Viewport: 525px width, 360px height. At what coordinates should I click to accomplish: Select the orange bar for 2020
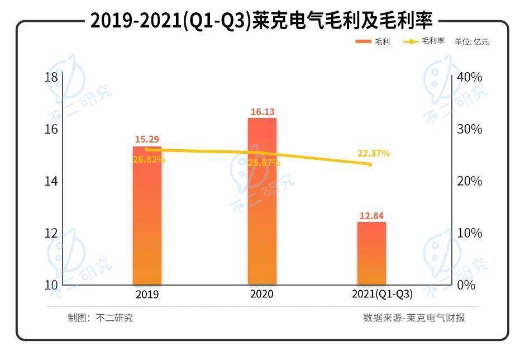tap(262, 201)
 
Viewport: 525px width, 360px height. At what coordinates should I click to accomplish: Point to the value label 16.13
tap(262, 112)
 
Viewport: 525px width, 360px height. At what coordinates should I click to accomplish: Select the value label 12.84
tap(372, 216)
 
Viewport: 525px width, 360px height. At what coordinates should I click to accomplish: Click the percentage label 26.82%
tap(149, 160)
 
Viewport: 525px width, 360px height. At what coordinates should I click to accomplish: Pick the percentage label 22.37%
tap(373, 153)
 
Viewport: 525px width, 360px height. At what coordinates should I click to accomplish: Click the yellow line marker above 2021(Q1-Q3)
tap(369, 164)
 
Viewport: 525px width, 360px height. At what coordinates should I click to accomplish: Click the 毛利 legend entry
tap(373, 42)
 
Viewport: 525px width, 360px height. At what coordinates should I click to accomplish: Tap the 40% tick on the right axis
tap(469, 77)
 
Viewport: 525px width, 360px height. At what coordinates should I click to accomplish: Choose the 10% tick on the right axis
tap(469, 233)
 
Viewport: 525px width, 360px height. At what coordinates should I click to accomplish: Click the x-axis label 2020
tap(262, 294)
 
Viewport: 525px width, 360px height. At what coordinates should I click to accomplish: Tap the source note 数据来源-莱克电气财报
tap(413, 318)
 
